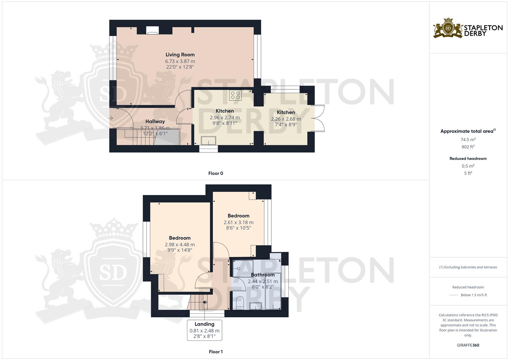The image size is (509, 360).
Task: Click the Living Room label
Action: click(x=180, y=55)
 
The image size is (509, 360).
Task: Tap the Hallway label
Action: click(x=155, y=122)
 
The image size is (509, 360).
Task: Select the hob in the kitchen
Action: click(x=235, y=95)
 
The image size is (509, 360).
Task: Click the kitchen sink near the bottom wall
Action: click(x=208, y=141)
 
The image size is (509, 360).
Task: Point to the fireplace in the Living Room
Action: click(x=152, y=30)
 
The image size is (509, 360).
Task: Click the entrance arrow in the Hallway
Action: click(x=111, y=118)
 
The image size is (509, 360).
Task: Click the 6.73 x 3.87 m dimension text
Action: click(x=180, y=61)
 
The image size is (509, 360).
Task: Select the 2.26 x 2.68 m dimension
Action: click(x=286, y=119)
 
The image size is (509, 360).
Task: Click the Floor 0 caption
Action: click(x=216, y=173)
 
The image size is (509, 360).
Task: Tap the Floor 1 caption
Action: click(x=216, y=352)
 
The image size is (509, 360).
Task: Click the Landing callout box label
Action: click(x=204, y=324)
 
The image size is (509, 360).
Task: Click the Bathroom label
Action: click(x=263, y=275)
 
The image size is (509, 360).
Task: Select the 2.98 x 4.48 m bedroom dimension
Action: click(x=180, y=245)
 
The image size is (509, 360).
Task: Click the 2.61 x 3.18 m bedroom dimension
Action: click(x=238, y=222)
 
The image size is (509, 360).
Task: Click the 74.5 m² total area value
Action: click(x=468, y=140)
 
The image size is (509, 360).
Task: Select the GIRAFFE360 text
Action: click(x=468, y=345)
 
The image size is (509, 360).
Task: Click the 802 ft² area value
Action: click(x=468, y=147)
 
